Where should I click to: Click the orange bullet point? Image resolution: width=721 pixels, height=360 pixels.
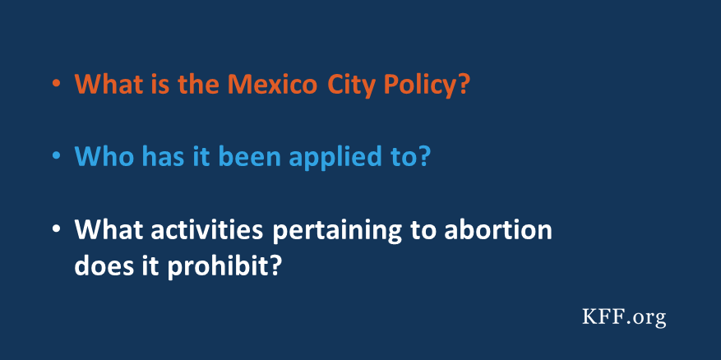(56, 85)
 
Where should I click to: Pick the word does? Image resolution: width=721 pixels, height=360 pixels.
(100, 266)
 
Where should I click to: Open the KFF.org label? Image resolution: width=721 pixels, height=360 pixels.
(622, 316)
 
